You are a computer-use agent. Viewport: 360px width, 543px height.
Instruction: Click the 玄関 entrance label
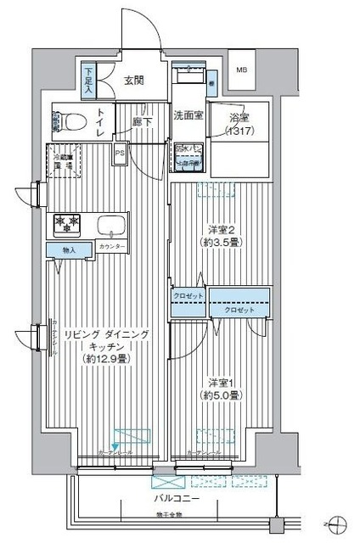(133, 81)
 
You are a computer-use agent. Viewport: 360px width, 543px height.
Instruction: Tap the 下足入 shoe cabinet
(88, 79)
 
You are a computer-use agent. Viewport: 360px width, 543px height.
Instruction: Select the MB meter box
(242, 70)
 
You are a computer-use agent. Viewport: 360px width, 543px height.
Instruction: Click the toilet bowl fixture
(70, 121)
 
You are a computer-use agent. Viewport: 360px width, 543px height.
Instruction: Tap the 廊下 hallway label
(142, 121)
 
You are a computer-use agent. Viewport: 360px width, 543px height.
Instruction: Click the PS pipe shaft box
(121, 154)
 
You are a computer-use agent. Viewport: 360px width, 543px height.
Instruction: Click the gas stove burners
(67, 224)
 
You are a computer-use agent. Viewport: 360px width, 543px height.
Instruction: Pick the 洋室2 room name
(220, 228)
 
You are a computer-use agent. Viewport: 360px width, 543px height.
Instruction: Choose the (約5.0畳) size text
(220, 395)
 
